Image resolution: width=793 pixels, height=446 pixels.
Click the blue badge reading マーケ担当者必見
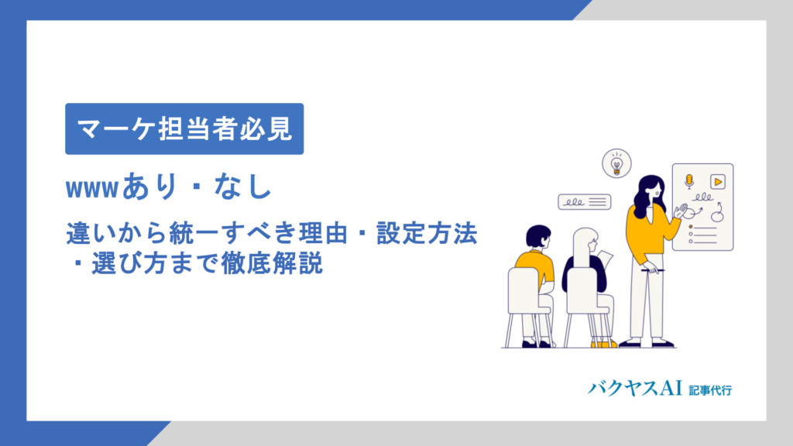click(184, 129)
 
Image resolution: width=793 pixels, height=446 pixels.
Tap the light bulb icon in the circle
click(616, 164)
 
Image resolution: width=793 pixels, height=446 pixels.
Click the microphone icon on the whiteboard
click(688, 181)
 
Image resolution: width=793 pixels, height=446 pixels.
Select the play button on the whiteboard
click(718, 181)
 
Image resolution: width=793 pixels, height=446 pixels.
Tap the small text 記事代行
click(710, 389)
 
